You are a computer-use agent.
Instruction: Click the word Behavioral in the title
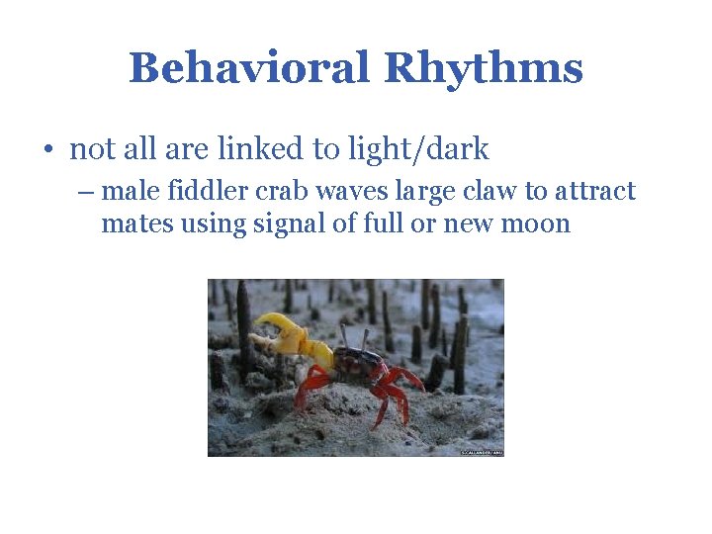pyautogui.click(x=249, y=68)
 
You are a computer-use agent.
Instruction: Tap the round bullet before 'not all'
pyautogui.click(x=47, y=150)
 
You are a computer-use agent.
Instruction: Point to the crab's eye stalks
pyautogui.click(x=352, y=336)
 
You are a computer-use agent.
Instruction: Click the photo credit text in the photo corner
pyautogui.click(x=481, y=452)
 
